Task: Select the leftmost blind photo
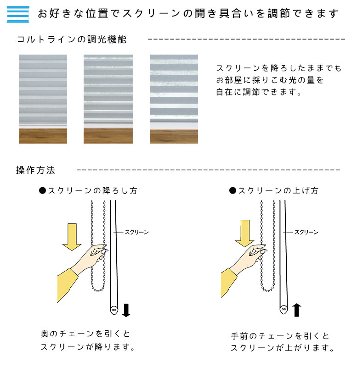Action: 43,99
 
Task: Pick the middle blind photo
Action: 108,99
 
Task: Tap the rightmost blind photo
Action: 174,99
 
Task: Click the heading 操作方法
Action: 36,170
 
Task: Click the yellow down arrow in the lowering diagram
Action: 71,236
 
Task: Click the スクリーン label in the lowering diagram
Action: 137,232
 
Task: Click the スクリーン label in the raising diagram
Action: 306,232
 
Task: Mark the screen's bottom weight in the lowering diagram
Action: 114,310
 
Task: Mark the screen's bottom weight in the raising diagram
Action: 284,310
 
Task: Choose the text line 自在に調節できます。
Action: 259,92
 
